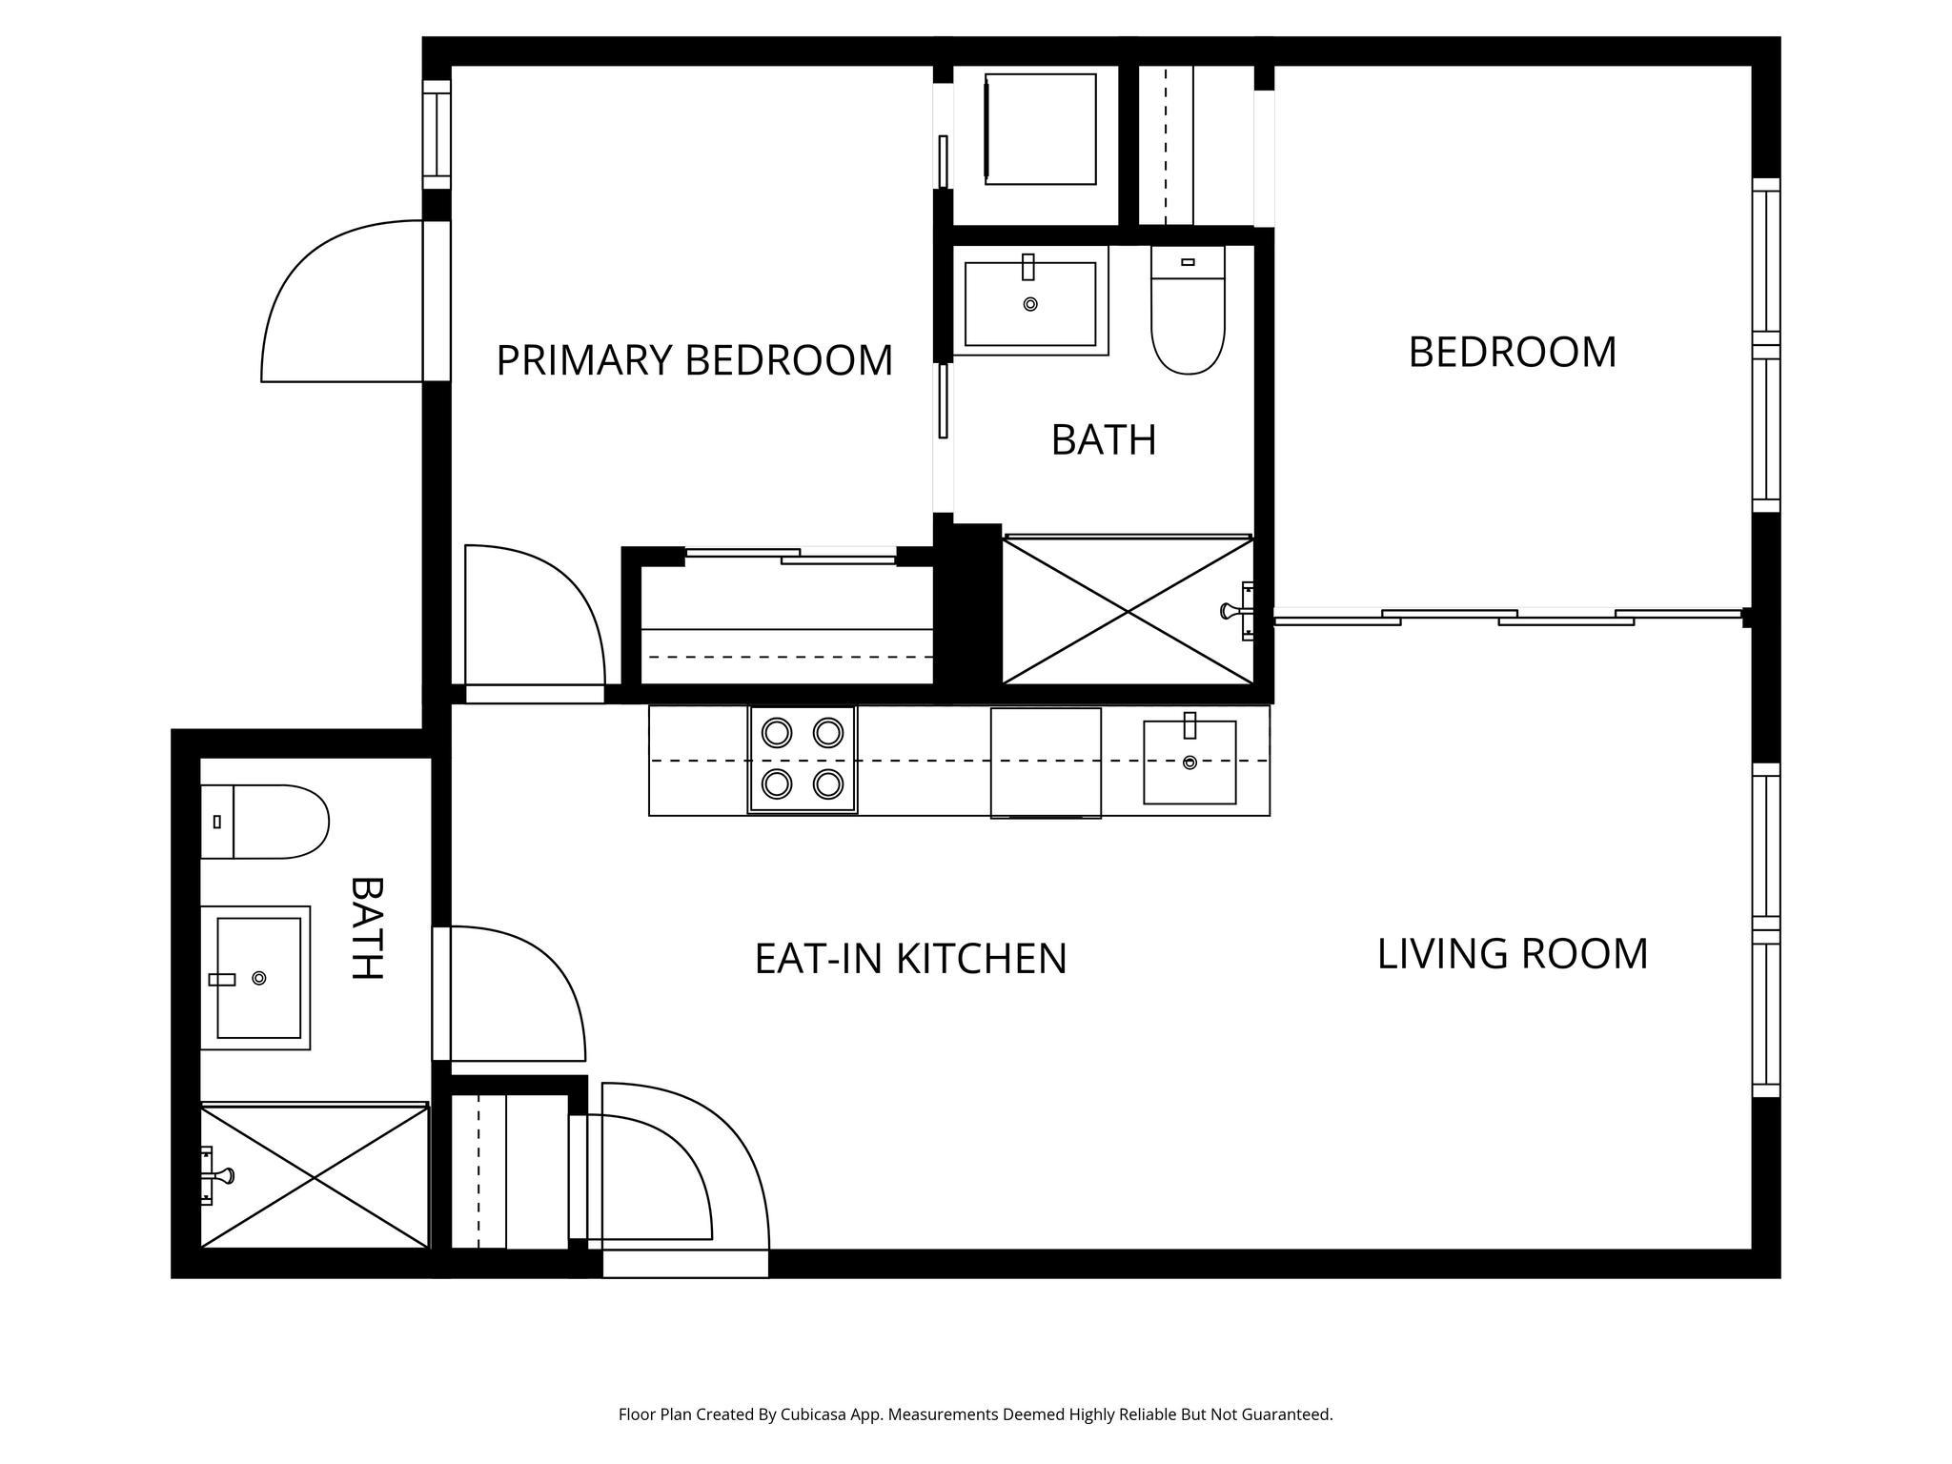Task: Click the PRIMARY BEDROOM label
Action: [x=695, y=360]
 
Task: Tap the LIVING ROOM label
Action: [x=1513, y=954]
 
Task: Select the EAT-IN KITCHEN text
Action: [x=910, y=959]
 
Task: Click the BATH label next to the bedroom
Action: [x=1104, y=440]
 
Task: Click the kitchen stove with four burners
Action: [x=803, y=759]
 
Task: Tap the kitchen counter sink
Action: [x=1189, y=762]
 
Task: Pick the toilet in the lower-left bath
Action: [x=264, y=822]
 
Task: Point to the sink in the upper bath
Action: [x=1030, y=303]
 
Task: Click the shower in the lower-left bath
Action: [x=315, y=1176]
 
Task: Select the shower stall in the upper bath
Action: [x=1128, y=611]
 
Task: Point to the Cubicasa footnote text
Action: [x=975, y=1414]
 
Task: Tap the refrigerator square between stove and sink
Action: [x=1046, y=762]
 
